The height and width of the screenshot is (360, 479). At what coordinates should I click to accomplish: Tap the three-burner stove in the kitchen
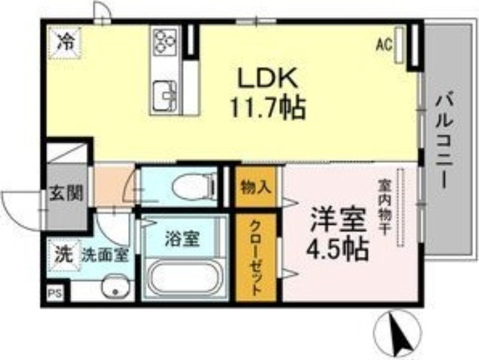tap(164, 43)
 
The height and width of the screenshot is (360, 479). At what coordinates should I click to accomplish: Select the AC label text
tap(383, 43)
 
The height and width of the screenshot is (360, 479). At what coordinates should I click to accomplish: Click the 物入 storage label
tap(256, 187)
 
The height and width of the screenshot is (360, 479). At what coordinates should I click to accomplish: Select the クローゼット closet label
tap(255, 258)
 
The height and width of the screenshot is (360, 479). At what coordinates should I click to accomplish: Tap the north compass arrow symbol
tap(398, 334)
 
